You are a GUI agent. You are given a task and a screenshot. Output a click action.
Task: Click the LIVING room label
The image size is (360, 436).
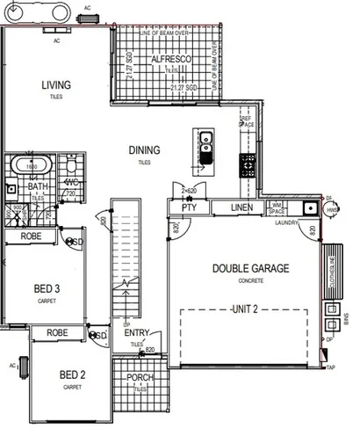(x=55, y=85)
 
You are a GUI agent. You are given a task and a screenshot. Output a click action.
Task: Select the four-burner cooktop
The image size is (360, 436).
(x=248, y=162)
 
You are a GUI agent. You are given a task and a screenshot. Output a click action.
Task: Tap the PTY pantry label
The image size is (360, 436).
(x=188, y=208)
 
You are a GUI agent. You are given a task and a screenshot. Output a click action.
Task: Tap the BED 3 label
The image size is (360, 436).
(x=47, y=289)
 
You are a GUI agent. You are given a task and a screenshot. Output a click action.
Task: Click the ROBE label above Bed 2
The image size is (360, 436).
(x=58, y=334)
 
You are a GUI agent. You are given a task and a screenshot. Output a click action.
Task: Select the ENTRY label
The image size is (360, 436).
(x=136, y=333)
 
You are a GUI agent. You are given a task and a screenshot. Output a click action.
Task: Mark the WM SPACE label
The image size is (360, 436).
(x=277, y=209)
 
